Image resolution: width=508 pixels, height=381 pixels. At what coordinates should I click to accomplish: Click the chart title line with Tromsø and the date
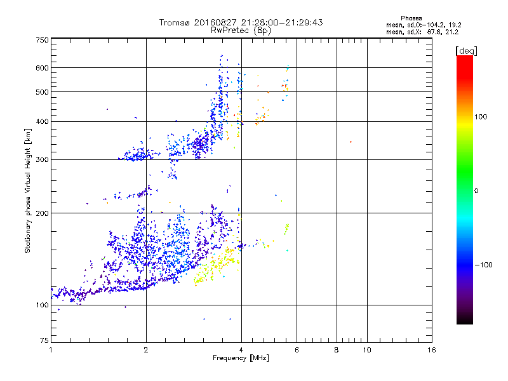[x=241, y=22]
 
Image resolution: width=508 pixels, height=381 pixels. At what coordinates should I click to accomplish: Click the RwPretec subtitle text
[x=241, y=30]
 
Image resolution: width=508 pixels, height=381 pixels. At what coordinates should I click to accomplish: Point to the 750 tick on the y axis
[x=42, y=40]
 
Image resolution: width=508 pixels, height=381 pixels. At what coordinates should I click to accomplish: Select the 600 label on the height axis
[x=42, y=68]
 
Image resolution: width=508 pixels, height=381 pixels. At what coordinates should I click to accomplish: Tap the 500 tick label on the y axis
[x=42, y=92]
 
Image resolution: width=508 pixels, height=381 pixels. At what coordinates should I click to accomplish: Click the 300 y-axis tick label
[x=42, y=159]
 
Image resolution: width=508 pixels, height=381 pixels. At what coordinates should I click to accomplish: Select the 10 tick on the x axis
[x=366, y=350]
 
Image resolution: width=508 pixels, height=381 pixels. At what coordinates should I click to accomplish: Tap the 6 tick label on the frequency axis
[x=297, y=350]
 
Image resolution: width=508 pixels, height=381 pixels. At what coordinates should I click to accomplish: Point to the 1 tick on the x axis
[x=51, y=350]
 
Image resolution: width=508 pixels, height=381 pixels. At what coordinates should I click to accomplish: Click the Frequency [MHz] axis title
[x=241, y=358]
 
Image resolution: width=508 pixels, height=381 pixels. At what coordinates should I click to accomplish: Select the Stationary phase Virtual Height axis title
[x=28, y=191]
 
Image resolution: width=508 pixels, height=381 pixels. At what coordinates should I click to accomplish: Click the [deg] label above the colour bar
[x=466, y=50]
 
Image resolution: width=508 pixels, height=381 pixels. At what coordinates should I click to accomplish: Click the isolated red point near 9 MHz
[x=351, y=142]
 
